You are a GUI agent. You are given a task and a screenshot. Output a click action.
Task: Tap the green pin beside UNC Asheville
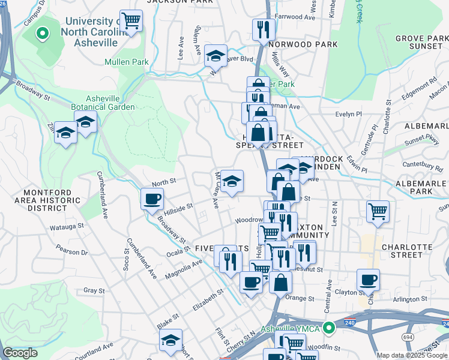pos(43,34)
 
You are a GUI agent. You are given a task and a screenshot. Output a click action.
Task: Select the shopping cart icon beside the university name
pos(131,22)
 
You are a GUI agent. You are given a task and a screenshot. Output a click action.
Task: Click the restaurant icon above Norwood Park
pos(264,29)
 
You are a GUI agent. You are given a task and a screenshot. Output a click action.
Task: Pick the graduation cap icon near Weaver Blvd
pos(215,56)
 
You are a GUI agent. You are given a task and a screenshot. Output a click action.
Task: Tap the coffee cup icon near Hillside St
pos(152,199)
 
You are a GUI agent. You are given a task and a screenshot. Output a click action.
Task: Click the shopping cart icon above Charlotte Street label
pos(378,211)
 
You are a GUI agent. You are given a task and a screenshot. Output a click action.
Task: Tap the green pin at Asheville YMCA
pos(328,328)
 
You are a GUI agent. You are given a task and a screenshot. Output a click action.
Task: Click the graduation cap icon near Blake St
pos(171,340)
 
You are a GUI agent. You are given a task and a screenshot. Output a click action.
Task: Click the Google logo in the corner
pos(20,353)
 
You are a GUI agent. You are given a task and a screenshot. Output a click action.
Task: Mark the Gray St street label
pos(94,290)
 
